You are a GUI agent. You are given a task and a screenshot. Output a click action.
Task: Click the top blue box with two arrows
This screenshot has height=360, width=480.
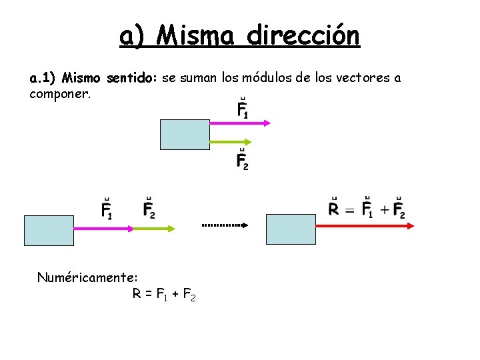[x=185, y=133]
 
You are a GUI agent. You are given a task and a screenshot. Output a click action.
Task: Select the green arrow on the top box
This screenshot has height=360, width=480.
[x=230, y=141]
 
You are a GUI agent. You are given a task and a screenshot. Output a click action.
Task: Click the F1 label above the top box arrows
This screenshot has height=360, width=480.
[x=243, y=110]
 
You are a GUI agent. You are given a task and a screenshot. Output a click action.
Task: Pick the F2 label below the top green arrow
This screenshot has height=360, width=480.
[x=243, y=161]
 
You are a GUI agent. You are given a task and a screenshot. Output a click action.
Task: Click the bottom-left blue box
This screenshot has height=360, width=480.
[x=49, y=231]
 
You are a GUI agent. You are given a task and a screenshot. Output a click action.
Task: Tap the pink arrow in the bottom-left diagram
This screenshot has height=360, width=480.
[x=103, y=228]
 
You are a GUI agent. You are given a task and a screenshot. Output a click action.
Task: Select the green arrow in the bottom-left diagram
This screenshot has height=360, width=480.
[x=154, y=228]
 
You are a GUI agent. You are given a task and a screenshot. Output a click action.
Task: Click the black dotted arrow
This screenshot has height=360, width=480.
[x=225, y=225]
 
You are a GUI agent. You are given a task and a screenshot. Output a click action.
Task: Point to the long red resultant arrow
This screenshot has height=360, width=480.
[x=364, y=226]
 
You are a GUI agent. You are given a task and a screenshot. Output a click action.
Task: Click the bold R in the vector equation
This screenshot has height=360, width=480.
[x=335, y=209]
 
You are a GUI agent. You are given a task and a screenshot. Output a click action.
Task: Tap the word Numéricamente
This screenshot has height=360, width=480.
[x=87, y=276]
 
